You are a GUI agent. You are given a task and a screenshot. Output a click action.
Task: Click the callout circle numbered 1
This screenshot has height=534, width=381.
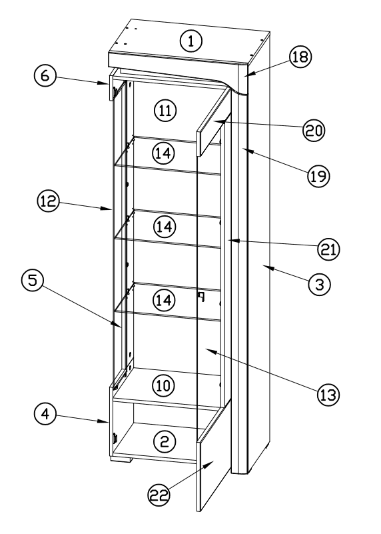191,41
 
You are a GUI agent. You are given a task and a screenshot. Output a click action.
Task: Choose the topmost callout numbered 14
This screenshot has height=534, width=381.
163,153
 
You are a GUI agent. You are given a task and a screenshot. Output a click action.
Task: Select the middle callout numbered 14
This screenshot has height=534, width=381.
163,227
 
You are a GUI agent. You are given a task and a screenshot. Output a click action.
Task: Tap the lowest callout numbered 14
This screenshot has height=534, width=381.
163,301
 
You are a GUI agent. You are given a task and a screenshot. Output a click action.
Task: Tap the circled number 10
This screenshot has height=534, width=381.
163,385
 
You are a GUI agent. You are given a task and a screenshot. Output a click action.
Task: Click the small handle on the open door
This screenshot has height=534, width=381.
199,296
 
